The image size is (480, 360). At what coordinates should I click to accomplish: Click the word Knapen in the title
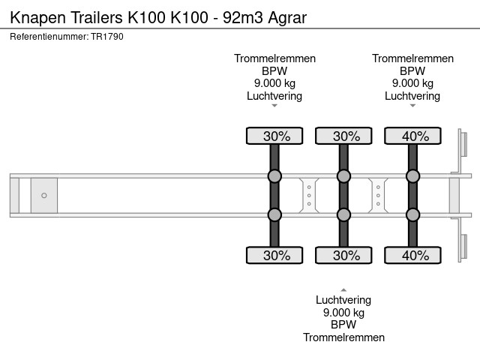coord(38,18)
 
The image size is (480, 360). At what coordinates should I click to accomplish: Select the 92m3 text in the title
coord(243,17)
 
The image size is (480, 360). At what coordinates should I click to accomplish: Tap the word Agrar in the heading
coord(287,18)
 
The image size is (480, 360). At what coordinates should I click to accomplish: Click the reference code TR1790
coord(107,37)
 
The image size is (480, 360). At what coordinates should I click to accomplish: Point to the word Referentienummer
coord(49,37)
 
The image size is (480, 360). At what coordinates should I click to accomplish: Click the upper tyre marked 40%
coord(412,136)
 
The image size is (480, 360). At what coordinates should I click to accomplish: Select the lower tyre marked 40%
coord(412,255)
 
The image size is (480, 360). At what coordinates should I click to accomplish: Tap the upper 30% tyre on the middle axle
coord(343,136)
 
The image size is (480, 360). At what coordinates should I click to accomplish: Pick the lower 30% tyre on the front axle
coord(274,255)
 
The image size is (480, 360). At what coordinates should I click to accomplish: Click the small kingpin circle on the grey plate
coord(44,195)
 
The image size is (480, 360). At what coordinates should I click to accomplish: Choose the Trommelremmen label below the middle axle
coord(343,337)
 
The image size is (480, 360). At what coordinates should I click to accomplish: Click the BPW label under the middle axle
coord(343,325)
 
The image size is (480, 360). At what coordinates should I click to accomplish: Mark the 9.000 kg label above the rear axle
coord(412,83)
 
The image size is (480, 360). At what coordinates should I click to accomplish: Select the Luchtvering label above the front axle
coord(274,96)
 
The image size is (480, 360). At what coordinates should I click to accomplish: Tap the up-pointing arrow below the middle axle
coord(343,290)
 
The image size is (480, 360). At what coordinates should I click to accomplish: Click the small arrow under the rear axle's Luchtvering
coord(412,106)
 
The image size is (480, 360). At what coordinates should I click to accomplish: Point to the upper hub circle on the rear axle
coord(412,176)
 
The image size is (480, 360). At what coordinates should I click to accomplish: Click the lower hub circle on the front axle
coord(274,214)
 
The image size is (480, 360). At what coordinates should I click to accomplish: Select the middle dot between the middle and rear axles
coord(378,195)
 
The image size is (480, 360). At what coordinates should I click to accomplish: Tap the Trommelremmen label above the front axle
coord(275,58)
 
